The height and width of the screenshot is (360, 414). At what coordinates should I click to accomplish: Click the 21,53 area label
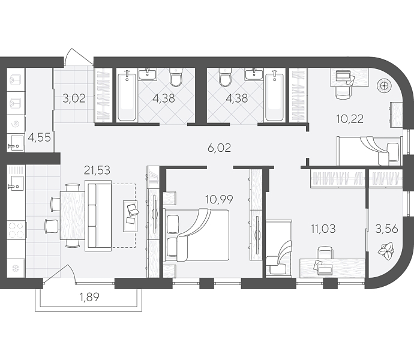(x=97, y=170)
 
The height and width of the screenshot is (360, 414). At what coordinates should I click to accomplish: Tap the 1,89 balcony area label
(x=89, y=297)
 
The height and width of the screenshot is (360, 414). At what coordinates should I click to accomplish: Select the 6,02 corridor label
(x=219, y=148)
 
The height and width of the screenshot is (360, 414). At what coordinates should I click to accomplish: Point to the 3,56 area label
(x=386, y=229)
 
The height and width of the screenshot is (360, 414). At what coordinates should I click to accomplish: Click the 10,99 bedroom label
(x=219, y=199)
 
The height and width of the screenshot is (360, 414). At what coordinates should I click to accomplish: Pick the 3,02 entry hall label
(x=74, y=98)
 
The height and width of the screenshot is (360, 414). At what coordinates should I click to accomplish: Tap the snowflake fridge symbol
(x=16, y=269)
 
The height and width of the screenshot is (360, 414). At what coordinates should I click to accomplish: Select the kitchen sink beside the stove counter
(x=16, y=182)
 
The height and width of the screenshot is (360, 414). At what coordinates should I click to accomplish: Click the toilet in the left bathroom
(x=176, y=77)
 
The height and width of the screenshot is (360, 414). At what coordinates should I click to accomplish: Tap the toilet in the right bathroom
(x=226, y=77)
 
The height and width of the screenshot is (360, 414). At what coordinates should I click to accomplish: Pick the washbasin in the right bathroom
(x=254, y=74)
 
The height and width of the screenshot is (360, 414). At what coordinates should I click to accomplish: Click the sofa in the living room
(x=98, y=215)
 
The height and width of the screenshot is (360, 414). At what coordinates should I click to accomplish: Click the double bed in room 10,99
(x=196, y=235)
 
